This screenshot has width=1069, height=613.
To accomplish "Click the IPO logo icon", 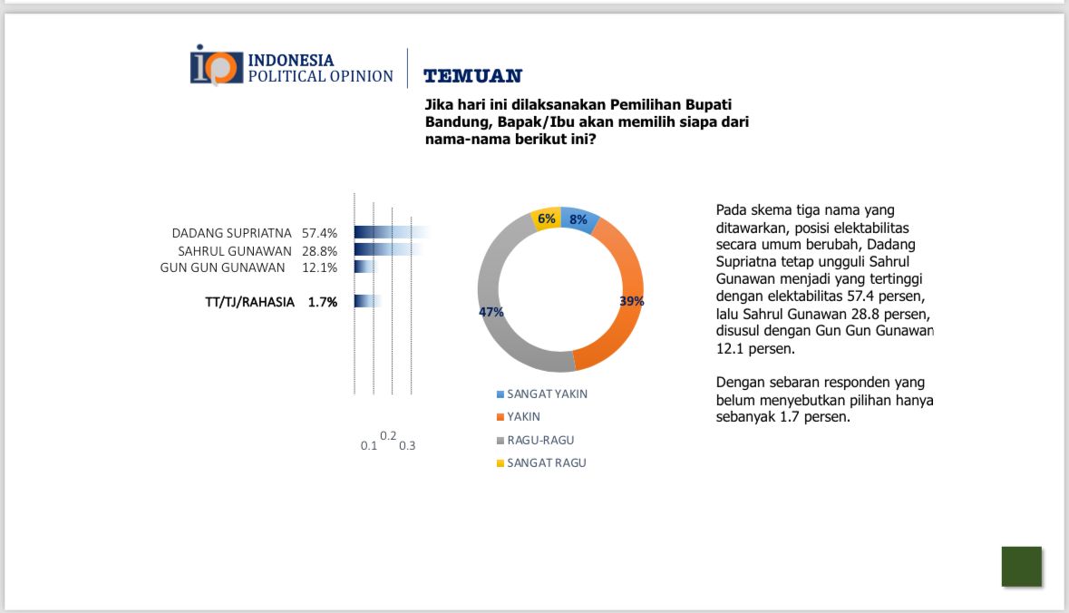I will pos(217,66).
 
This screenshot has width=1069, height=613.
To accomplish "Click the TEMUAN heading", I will pos(472,76).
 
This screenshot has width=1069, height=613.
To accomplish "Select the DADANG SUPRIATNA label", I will pos(232,233).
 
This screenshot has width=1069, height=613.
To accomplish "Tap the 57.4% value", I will pos(320,233).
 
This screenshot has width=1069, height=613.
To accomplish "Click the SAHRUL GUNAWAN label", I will pos(234,250).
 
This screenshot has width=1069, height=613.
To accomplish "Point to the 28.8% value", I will pos(320,250).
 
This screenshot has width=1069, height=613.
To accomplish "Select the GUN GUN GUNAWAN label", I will pos(223,268).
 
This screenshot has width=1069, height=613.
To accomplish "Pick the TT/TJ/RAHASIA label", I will pos(249,302).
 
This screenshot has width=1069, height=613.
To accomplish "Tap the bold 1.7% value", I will pos(323,302).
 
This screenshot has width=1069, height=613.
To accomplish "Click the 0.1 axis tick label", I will pos(368,446).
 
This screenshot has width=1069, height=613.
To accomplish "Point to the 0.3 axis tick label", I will pos(407,446).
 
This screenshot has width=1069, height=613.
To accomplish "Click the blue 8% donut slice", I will pos(579,219).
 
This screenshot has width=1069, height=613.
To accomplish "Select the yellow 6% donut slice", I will pos(546,219).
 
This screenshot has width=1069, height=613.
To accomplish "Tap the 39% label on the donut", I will pos(631,301).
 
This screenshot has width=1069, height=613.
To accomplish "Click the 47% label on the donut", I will pos(491,312).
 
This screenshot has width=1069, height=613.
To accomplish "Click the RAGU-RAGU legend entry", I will pos(540,440).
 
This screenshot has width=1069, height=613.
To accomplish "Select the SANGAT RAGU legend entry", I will pos(546,462).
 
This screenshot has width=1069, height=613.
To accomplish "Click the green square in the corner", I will pos(1021,567).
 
